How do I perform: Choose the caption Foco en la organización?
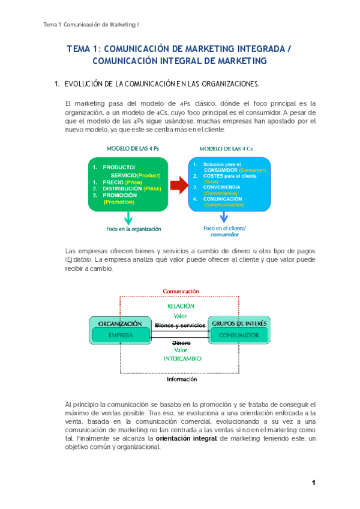coord(134,229)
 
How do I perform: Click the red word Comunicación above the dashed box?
coord(181,291)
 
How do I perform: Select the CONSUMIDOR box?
coord(239,335)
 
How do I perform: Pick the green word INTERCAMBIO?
coord(182,358)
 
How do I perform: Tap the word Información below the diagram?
coord(182,379)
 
